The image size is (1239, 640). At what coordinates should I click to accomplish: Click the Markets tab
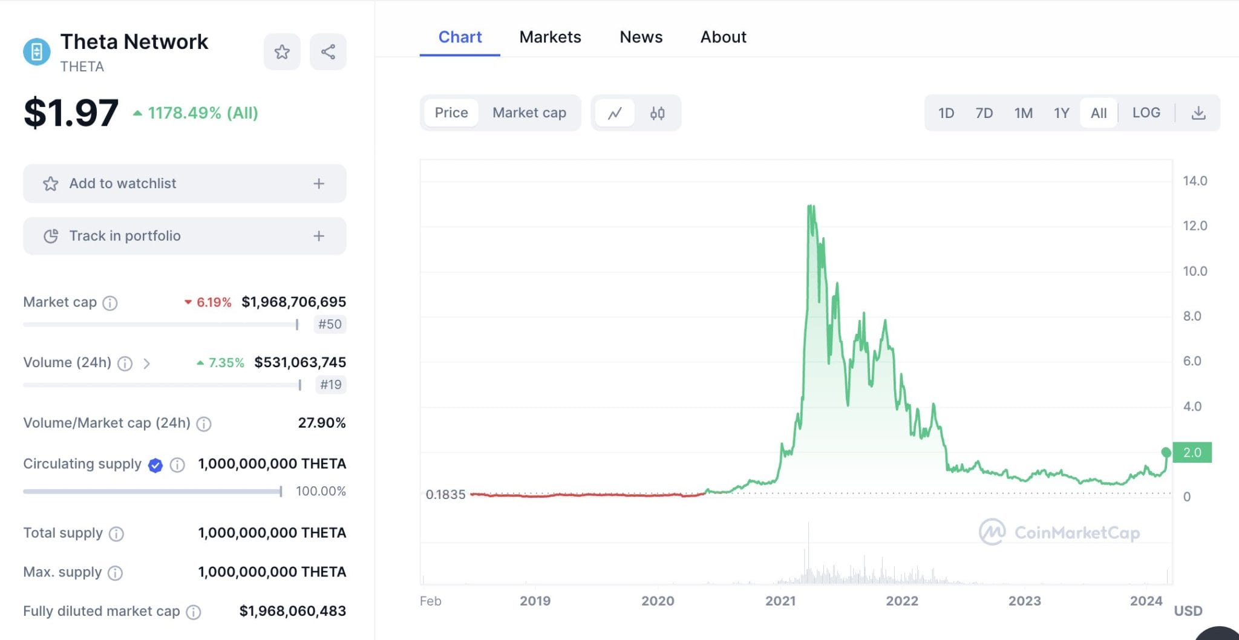point(550,37)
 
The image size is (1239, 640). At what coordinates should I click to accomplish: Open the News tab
point(641,37)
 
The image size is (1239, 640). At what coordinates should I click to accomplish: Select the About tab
point(723,37)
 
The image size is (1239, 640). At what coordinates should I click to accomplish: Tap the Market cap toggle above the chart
point(529,113)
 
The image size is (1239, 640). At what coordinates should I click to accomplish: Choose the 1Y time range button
point(1061,113)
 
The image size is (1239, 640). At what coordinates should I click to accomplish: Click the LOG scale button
point(1146,113)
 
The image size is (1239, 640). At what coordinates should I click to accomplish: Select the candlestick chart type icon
point(657,113)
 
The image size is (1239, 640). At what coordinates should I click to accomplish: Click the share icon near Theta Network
point(328,52)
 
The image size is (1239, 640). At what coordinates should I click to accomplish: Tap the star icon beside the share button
point(282,52)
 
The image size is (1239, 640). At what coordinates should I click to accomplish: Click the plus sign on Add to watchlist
point(319,183)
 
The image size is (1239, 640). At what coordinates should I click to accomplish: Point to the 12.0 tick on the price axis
point(1194,226)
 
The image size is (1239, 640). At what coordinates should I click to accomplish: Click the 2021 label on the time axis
point(780,601)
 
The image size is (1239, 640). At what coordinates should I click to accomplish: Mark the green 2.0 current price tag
point(1192,452)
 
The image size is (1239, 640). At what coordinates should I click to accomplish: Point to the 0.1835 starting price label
point(445,494)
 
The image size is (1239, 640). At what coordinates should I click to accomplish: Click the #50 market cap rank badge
point(330,324)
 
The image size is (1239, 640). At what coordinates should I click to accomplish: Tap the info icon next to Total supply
point(116,534)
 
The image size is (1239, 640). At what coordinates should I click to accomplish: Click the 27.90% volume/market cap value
point(321,423)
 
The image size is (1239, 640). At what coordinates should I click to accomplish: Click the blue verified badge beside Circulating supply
point(155,465)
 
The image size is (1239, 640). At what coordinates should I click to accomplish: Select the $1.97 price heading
point(71,113)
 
